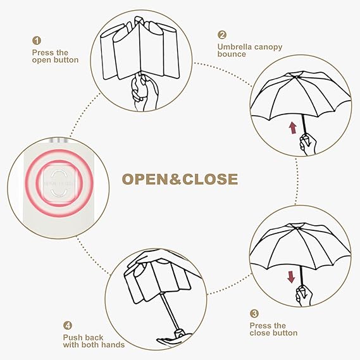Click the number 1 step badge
(37, 40)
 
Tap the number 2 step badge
(222, 35)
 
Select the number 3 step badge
(254, 313)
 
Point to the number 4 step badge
(68, 325)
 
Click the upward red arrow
(293, 128)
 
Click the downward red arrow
(291, 277)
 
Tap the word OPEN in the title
(146, 179)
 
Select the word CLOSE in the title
(210, 179)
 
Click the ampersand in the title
(176, 179)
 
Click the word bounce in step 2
(232, 54)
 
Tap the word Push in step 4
(72, 337)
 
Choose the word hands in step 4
(113, 345)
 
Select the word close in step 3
(261, 333)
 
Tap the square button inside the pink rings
(59, 183)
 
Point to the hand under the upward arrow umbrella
(308, 145)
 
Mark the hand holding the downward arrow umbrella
(304, 295)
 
